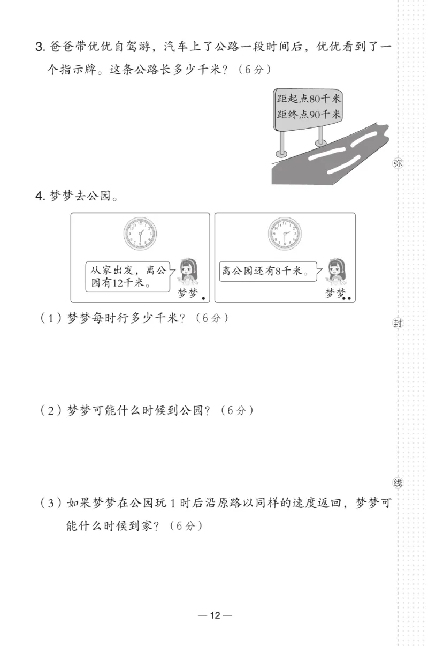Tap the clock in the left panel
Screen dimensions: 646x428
click(x=140, y=234)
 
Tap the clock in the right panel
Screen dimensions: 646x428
click(x=285, y=234)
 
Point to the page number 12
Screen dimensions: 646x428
click(x=214, y=615)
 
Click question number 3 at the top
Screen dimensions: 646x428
click(x=39, y=48)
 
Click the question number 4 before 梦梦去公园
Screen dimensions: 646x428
click(x=39, y=196)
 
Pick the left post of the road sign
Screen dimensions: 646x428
click(x=282, y=142)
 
